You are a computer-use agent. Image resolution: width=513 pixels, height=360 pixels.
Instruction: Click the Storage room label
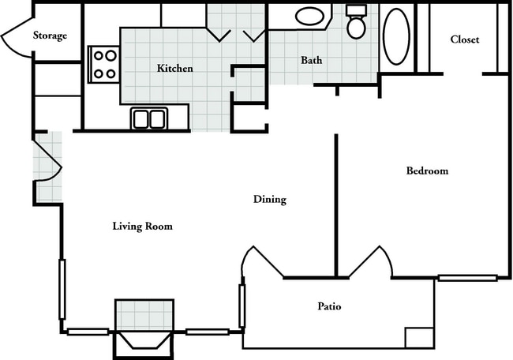pyautogui.click(x=50, y=36)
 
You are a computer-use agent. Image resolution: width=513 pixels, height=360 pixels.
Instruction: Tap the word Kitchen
pyautogui.click(x=175, y=68)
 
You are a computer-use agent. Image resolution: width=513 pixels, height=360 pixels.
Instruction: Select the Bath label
pyautogui.click(x=312, y=60)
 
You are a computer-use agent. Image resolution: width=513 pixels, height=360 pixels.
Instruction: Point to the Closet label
pyautogui.click(x=465, y=39)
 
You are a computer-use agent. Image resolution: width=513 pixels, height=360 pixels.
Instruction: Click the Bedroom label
pyautogui.click(x=427, y=171)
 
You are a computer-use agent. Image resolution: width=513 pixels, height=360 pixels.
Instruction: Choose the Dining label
pyautogui.click(x=270, y=199)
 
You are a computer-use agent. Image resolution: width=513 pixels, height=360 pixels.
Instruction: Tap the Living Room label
pyautogui.click(x=142, y=226)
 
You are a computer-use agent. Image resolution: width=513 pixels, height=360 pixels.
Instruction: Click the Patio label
pyautogui.click(x=329, y=306)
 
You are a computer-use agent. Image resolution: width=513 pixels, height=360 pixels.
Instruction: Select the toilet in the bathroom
pyautogui.click(x=356, y=21)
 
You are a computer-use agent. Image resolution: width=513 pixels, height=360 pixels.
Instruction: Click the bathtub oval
pyautogui.click(x=396, y=36)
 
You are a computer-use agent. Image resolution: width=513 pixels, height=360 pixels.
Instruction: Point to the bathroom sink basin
pyautogui.click(x=309, y=16)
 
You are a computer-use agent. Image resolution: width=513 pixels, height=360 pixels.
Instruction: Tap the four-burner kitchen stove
pyautogui.click(x=103, y=65)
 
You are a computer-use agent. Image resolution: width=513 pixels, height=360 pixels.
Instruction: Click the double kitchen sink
pyautogui.click(x=149, y=118)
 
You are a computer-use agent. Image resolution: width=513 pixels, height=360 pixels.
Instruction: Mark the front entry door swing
pyautogui.click(x=48, y=161)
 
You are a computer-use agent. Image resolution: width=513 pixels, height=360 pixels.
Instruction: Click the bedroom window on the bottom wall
pyautogui.click(x=468, y=278)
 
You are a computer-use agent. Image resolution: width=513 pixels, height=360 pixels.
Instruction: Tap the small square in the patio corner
pyautogui.click(x=419, y=337)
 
